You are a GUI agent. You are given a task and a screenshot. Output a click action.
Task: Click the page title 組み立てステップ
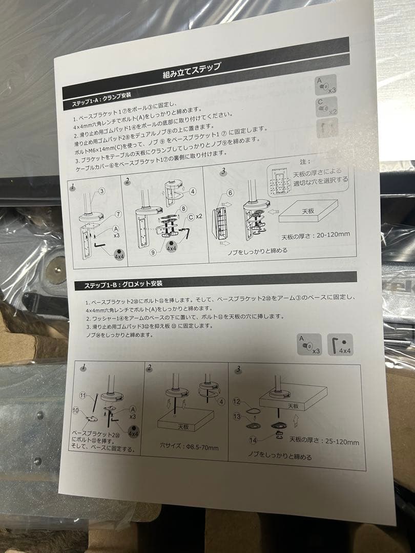click(x=192, y=70)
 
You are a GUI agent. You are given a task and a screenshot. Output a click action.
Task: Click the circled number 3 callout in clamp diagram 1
click(x=102, y=192)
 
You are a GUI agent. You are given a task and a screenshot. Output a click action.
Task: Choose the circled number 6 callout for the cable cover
click(x=230, y=193)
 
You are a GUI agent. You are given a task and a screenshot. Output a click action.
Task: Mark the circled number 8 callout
click(x=183, y=209)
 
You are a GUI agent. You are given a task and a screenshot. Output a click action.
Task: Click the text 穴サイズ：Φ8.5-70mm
click(x=189, y=448)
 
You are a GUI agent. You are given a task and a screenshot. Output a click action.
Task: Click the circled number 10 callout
click(x=76, y=411)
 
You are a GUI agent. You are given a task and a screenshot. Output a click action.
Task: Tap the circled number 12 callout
click(x=236, y=401)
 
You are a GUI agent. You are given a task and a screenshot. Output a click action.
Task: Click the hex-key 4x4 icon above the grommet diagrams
click(x=340, y=345)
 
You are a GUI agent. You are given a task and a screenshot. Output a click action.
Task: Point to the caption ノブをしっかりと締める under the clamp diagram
click(x=257, y=251)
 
